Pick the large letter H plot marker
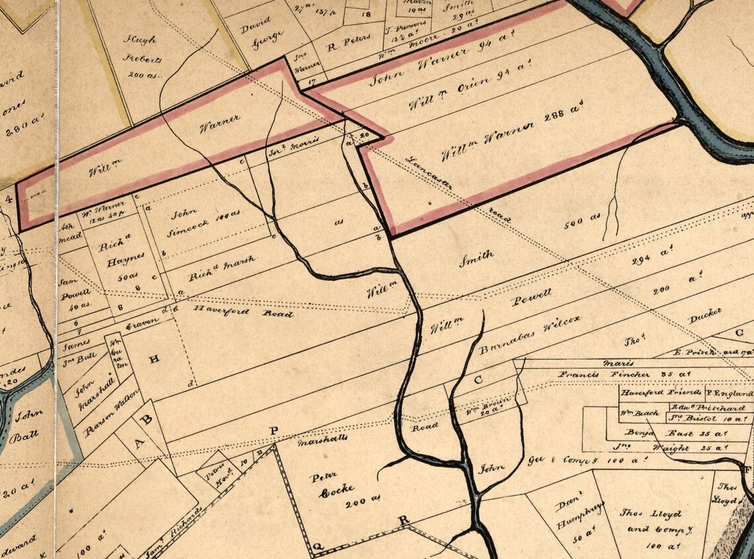(x=154, y=359)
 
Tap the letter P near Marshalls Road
(x=274, y=431)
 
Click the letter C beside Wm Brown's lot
(x=479, y=381)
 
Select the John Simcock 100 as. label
(x=195, y=219)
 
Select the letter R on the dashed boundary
(x=403, y=519)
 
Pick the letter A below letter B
(x=140, y=443)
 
